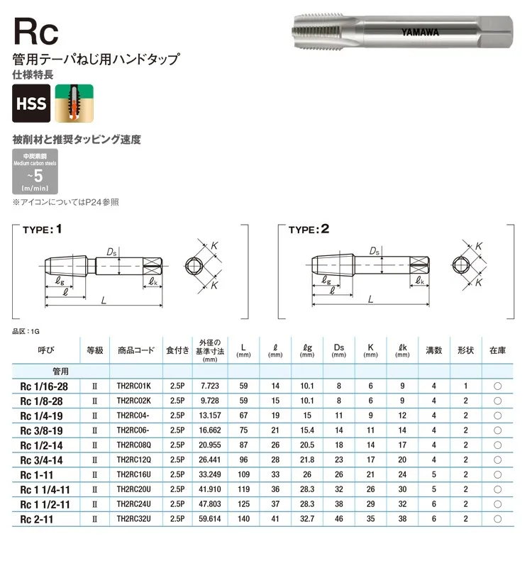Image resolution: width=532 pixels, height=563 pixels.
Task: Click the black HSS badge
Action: point(31,104)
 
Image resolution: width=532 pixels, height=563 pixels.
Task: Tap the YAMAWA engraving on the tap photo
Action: point(420,32)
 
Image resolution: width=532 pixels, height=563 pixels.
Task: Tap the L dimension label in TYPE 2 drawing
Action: point(370,301)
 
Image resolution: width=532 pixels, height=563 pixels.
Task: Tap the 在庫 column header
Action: point(498,350)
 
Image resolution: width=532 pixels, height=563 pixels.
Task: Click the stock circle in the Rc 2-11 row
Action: point(498,520)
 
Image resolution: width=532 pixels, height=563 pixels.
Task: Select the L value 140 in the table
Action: point(244,520)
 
